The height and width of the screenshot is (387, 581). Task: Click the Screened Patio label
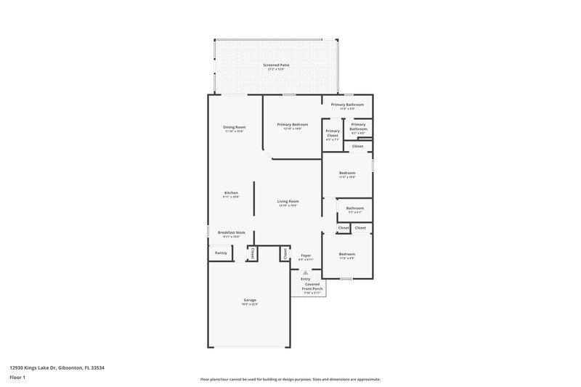click(x=276, y=65)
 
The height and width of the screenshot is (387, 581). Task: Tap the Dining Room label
click(x=235, y=127)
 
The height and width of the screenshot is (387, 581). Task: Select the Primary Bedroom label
click(x=293, y=124)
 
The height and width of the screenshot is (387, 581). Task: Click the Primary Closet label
click(x=333, y=133)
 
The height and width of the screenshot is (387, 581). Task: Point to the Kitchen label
click(x=231, y=192)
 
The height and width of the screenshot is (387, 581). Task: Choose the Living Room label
click(x=288, y=201)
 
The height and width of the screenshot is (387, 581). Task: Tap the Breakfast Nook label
click(x=231, y=232)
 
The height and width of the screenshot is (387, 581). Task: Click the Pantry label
click(x=221, y=253)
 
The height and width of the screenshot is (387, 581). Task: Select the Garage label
click(x=249, y=300)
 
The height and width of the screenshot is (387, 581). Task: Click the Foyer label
click(x=306, y=255)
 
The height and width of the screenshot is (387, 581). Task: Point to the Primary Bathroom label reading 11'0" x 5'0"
click(x=347, y=105)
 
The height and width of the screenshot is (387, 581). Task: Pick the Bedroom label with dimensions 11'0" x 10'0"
click(x=347, y=173)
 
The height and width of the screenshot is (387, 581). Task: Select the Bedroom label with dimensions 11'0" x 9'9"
click(x=347, y=254)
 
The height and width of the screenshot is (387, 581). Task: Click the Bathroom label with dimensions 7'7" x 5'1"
click(x=354, y=208)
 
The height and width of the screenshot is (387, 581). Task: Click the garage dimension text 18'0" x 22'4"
click(x=249, y=304)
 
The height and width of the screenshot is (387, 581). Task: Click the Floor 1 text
click(x=17, y=378)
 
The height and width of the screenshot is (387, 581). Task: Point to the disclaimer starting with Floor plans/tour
click(x=290, y=379)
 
